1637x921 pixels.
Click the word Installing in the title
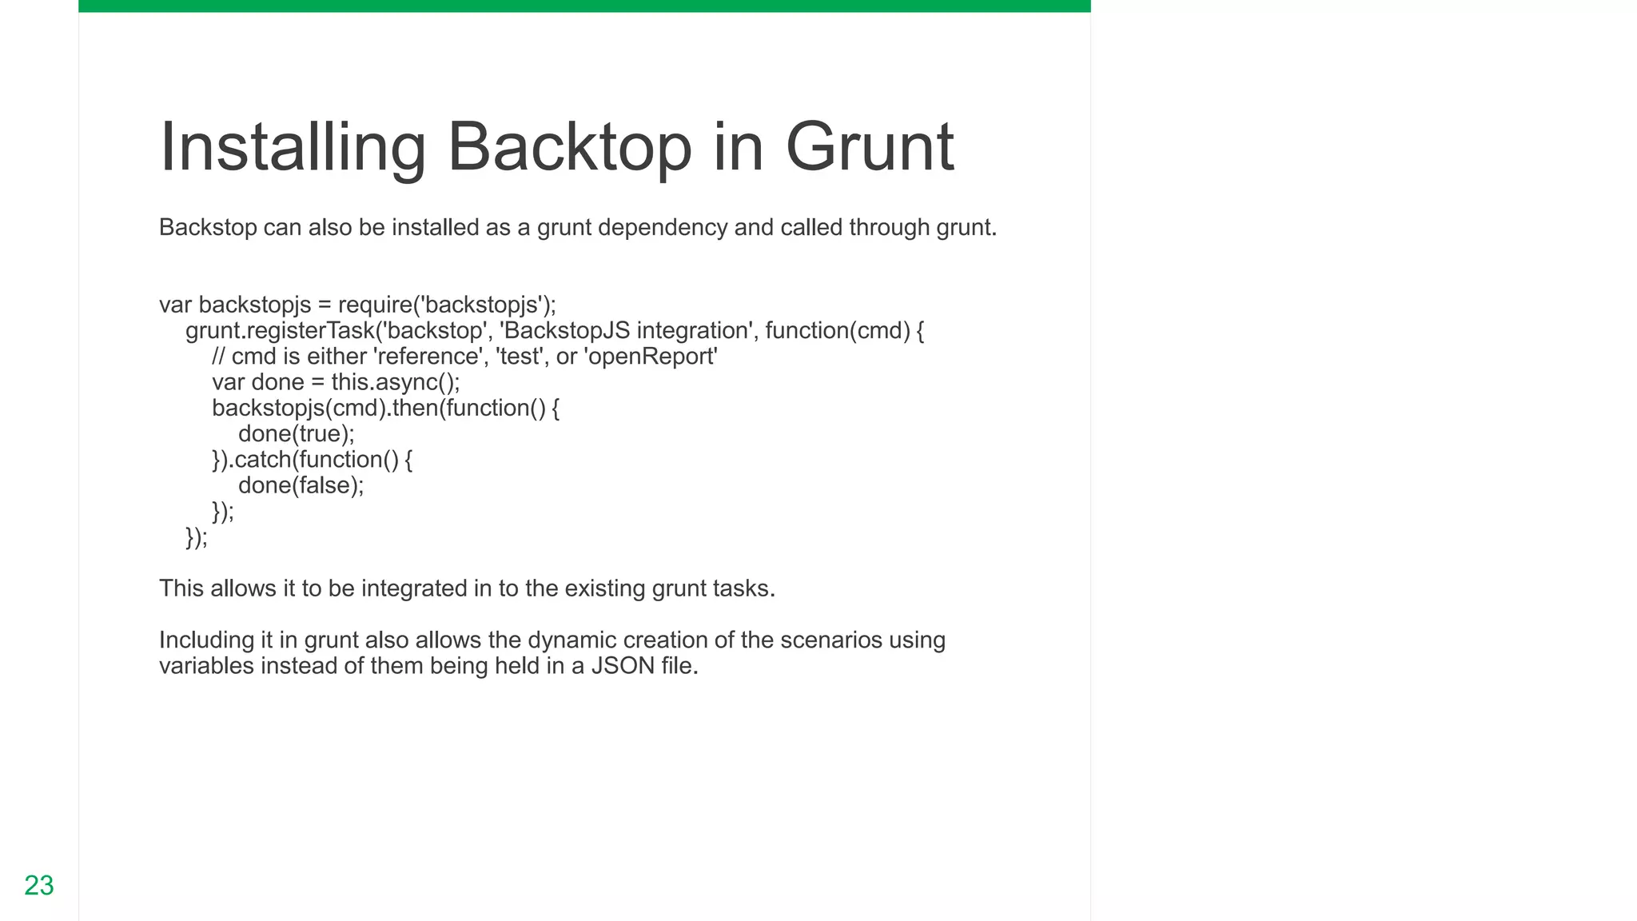tap(293, 147)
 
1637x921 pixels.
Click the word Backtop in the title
tap(569, 147)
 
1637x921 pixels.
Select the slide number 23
tap(39, 885)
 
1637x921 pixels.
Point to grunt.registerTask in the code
tap(279, 331)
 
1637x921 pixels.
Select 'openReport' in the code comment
tap(651, 357)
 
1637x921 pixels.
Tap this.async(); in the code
tap(396, 382)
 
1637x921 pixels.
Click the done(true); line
tap(296, 434)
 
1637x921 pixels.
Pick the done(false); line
tap(301, 485)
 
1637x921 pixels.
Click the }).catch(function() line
tap(312, 460)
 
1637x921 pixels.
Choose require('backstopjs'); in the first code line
tap(447, 305)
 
